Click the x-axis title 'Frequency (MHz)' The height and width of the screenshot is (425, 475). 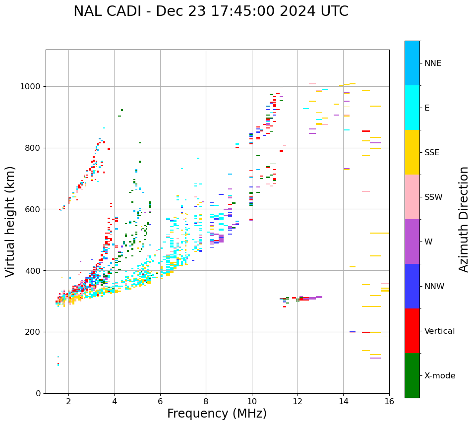(217, 414)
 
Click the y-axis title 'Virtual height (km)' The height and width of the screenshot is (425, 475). (10, 221)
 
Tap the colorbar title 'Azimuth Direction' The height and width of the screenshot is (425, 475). (464, 219)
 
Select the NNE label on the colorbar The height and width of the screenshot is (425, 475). (432, 63)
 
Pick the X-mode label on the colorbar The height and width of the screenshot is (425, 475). (439, 376)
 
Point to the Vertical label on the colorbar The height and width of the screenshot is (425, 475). (439, 331)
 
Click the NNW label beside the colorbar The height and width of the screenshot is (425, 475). (434, 287)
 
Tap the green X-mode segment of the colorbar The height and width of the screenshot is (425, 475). (412, 375)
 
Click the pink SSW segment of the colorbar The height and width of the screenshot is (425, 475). (412, 197)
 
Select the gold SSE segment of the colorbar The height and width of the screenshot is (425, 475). (412, 152)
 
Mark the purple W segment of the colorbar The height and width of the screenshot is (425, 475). (412, 242)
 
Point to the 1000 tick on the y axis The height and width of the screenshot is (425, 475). (31, 87)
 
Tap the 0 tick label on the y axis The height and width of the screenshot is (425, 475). (38, 393)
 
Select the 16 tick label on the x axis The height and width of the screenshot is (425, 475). (389, 401)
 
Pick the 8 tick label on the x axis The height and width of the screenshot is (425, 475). (206, 401)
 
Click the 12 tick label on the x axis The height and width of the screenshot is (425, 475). (297, 401)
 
